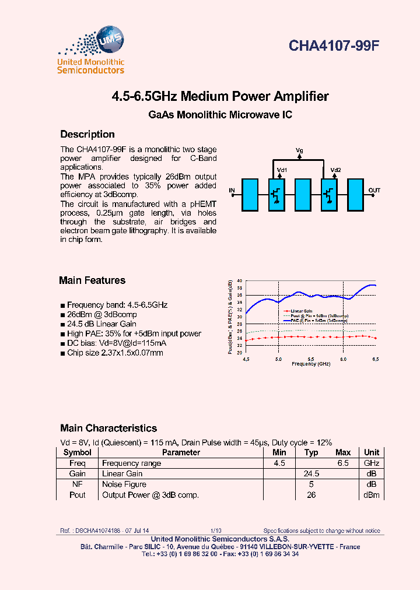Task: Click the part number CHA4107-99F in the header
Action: point(334,47)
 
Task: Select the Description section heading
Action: point(87,134)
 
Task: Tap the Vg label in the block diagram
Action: point(299,151)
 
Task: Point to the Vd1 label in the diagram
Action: point(282,170)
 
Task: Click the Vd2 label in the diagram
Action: point(335,170)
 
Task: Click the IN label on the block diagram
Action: point(232,191)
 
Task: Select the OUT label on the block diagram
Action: point(374,191)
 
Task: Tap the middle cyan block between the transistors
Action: point(302,194)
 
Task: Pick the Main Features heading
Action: point(92,280)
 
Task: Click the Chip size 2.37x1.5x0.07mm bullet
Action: point(115,353)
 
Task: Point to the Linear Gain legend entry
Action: point(302,311)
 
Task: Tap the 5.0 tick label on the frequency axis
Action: point(278,359)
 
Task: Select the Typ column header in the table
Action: point(311,452)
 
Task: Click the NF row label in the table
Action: point(78,484)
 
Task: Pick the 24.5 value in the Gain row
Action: point(311,473)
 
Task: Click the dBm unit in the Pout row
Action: point(372,495)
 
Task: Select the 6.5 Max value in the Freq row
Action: point(343,463)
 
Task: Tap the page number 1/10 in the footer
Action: point(216,531)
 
